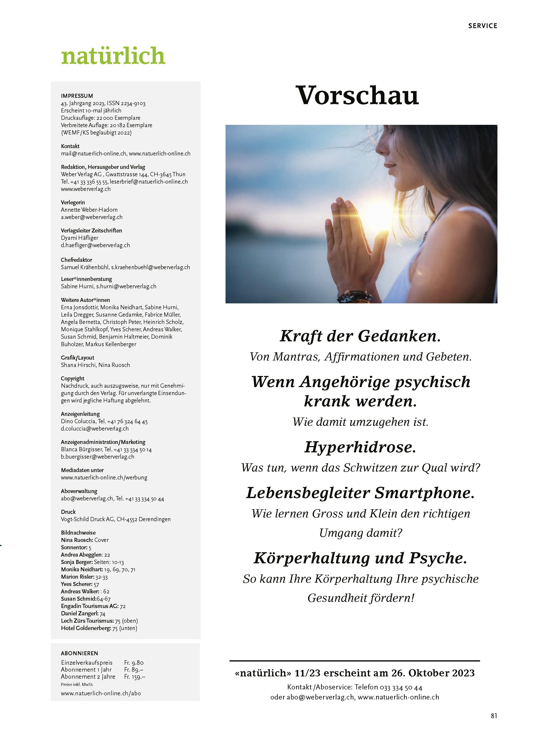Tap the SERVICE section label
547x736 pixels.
pos(483,26)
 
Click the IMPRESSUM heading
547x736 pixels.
pos(77,96)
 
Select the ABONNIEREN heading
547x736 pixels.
pos(79,653)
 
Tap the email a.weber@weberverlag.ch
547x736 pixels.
pos(92,217)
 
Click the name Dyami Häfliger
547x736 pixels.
pos(79,238)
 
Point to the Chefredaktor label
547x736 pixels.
pos(76,260)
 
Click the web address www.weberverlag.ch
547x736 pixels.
pos(86,189)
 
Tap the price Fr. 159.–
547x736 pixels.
pos(135,677)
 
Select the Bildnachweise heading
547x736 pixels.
pos(78,532)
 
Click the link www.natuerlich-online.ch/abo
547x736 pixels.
pos(101,693)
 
